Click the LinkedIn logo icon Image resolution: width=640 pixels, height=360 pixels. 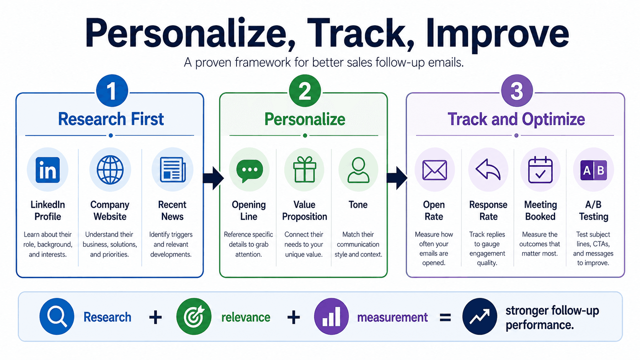(48, 170)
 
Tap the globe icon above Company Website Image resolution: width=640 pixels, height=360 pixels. (110, 169)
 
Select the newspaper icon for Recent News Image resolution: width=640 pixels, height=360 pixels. (173, 169)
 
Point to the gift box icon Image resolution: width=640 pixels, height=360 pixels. (305, 169)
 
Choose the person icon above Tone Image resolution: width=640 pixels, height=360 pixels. (358, 170)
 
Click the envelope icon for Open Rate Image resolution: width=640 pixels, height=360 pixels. (434, 170)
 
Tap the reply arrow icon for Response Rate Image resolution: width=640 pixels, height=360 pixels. (488, 169)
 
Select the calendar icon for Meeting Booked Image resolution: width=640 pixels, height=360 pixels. (540, 169)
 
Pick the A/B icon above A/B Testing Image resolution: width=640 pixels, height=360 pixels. (594, 170)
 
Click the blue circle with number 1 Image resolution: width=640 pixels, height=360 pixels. (112, 91)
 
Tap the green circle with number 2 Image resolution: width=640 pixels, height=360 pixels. (305, 91)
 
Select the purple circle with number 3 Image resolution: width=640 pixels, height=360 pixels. (517, 91)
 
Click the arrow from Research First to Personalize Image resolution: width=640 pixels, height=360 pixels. (213, 178)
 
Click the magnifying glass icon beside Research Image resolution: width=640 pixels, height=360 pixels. (57, 316)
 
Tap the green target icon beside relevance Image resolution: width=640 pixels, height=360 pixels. (194, 316)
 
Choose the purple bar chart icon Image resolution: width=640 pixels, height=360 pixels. (331, 316)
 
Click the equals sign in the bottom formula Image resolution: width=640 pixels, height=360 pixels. (445, 318)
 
